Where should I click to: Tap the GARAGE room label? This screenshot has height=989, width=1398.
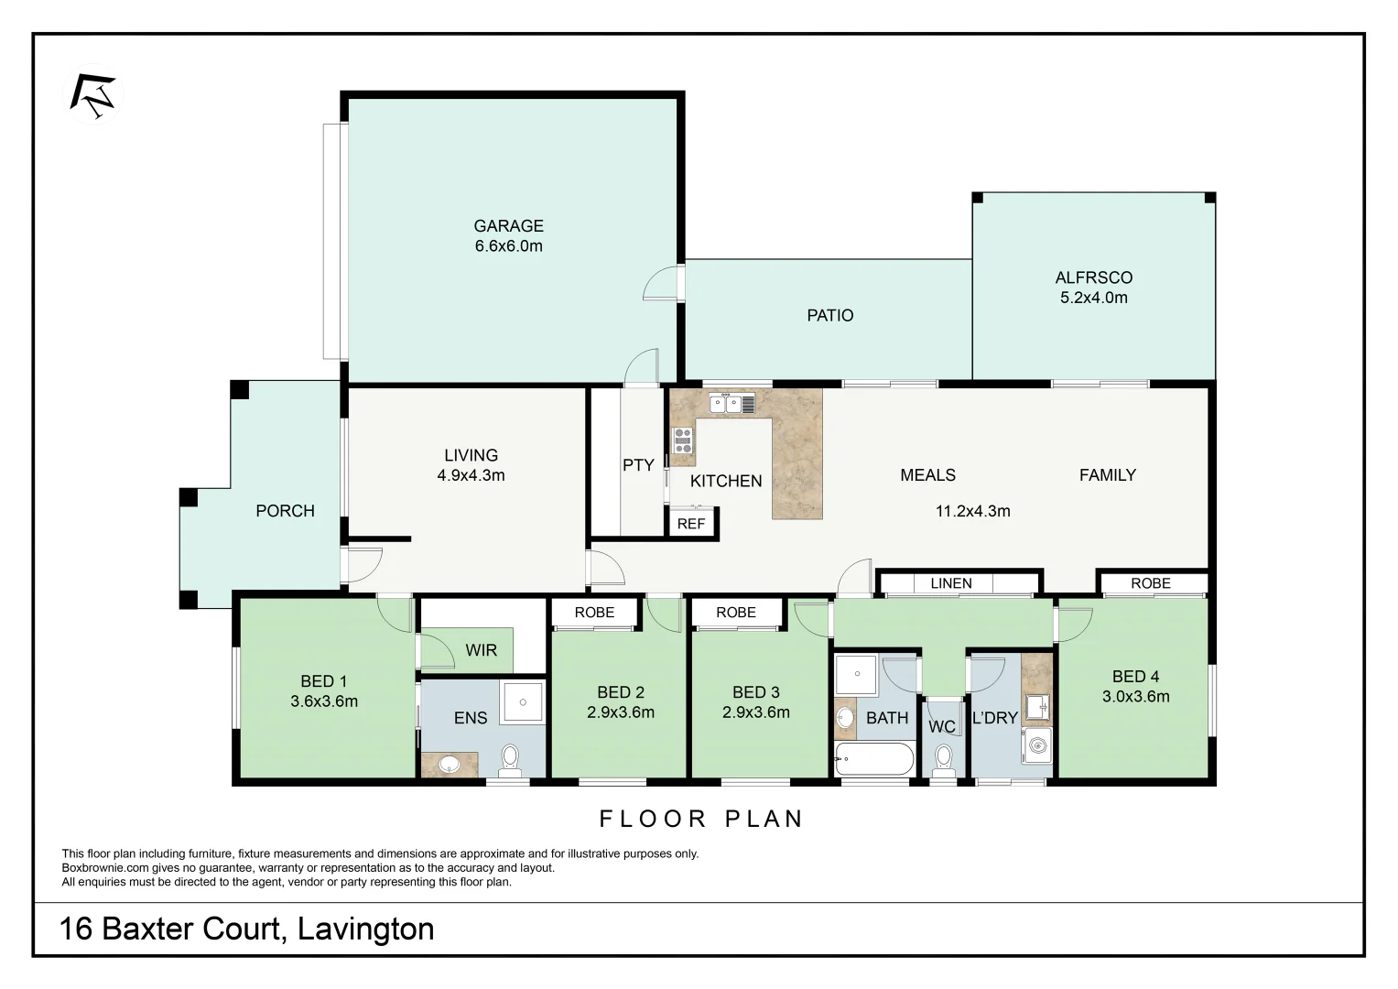[x=508, y=225]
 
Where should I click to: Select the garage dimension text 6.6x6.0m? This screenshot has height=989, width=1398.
[x=508, y=246]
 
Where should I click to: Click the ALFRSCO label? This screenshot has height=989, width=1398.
[x=1093, y=277]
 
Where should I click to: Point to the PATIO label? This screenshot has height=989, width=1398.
[x=829, y=315]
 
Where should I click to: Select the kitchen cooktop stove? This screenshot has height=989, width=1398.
[x=683, y=440]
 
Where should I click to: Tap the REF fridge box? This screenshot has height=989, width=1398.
[x=691, y=524]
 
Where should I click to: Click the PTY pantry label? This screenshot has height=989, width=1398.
[x=638, y=465]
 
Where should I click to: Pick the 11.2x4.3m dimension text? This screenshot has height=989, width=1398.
[x=972, y=511]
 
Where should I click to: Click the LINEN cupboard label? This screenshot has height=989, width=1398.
[x=950, y=583]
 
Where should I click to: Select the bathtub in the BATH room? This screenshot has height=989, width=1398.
[x=873, y=760]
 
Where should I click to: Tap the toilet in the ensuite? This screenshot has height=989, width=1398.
[x=510, y=759]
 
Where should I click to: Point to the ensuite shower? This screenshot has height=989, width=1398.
[x=522, y=702]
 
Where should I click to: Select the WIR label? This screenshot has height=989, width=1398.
[x=481, y=650]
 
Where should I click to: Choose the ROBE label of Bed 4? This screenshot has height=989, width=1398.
[x=1150, y=583]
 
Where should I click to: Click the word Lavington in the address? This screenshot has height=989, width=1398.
[x=365, y=929]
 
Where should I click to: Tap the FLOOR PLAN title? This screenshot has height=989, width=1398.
[x=701, y=819]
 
